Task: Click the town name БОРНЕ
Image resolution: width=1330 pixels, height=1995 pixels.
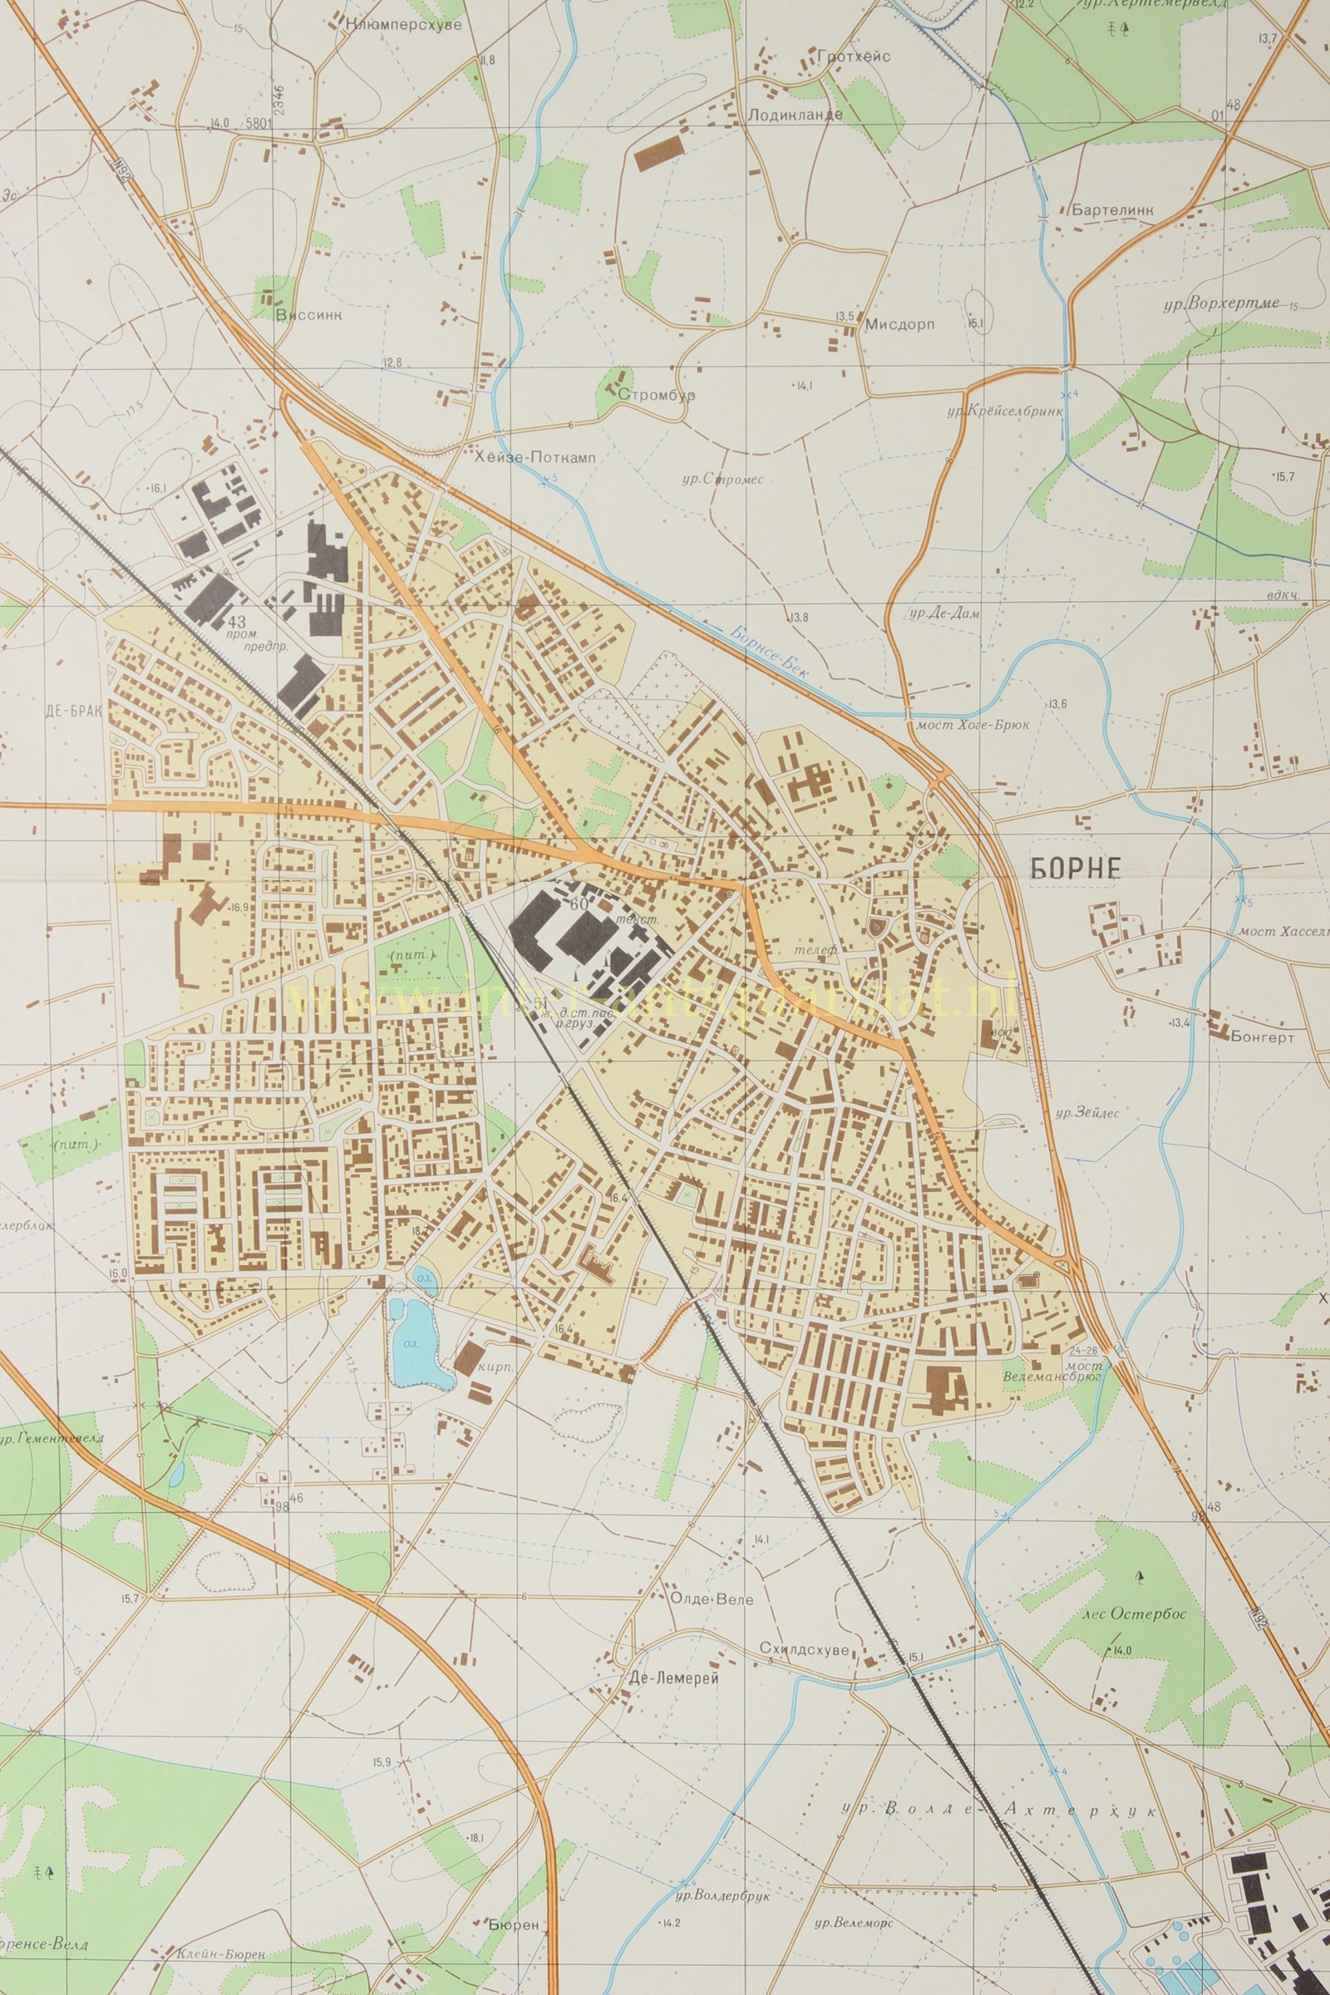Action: tap(1076, 868)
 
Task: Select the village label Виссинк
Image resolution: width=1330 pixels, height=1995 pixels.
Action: tap(309, 315)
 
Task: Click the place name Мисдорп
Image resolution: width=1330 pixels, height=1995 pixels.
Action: tap(899, 324)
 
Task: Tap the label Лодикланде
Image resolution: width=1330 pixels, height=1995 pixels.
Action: tap(795, 114)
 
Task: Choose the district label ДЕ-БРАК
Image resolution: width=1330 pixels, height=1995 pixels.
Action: tap(74, 711)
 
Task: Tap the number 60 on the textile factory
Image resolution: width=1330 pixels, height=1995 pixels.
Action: tap(579, 904)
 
